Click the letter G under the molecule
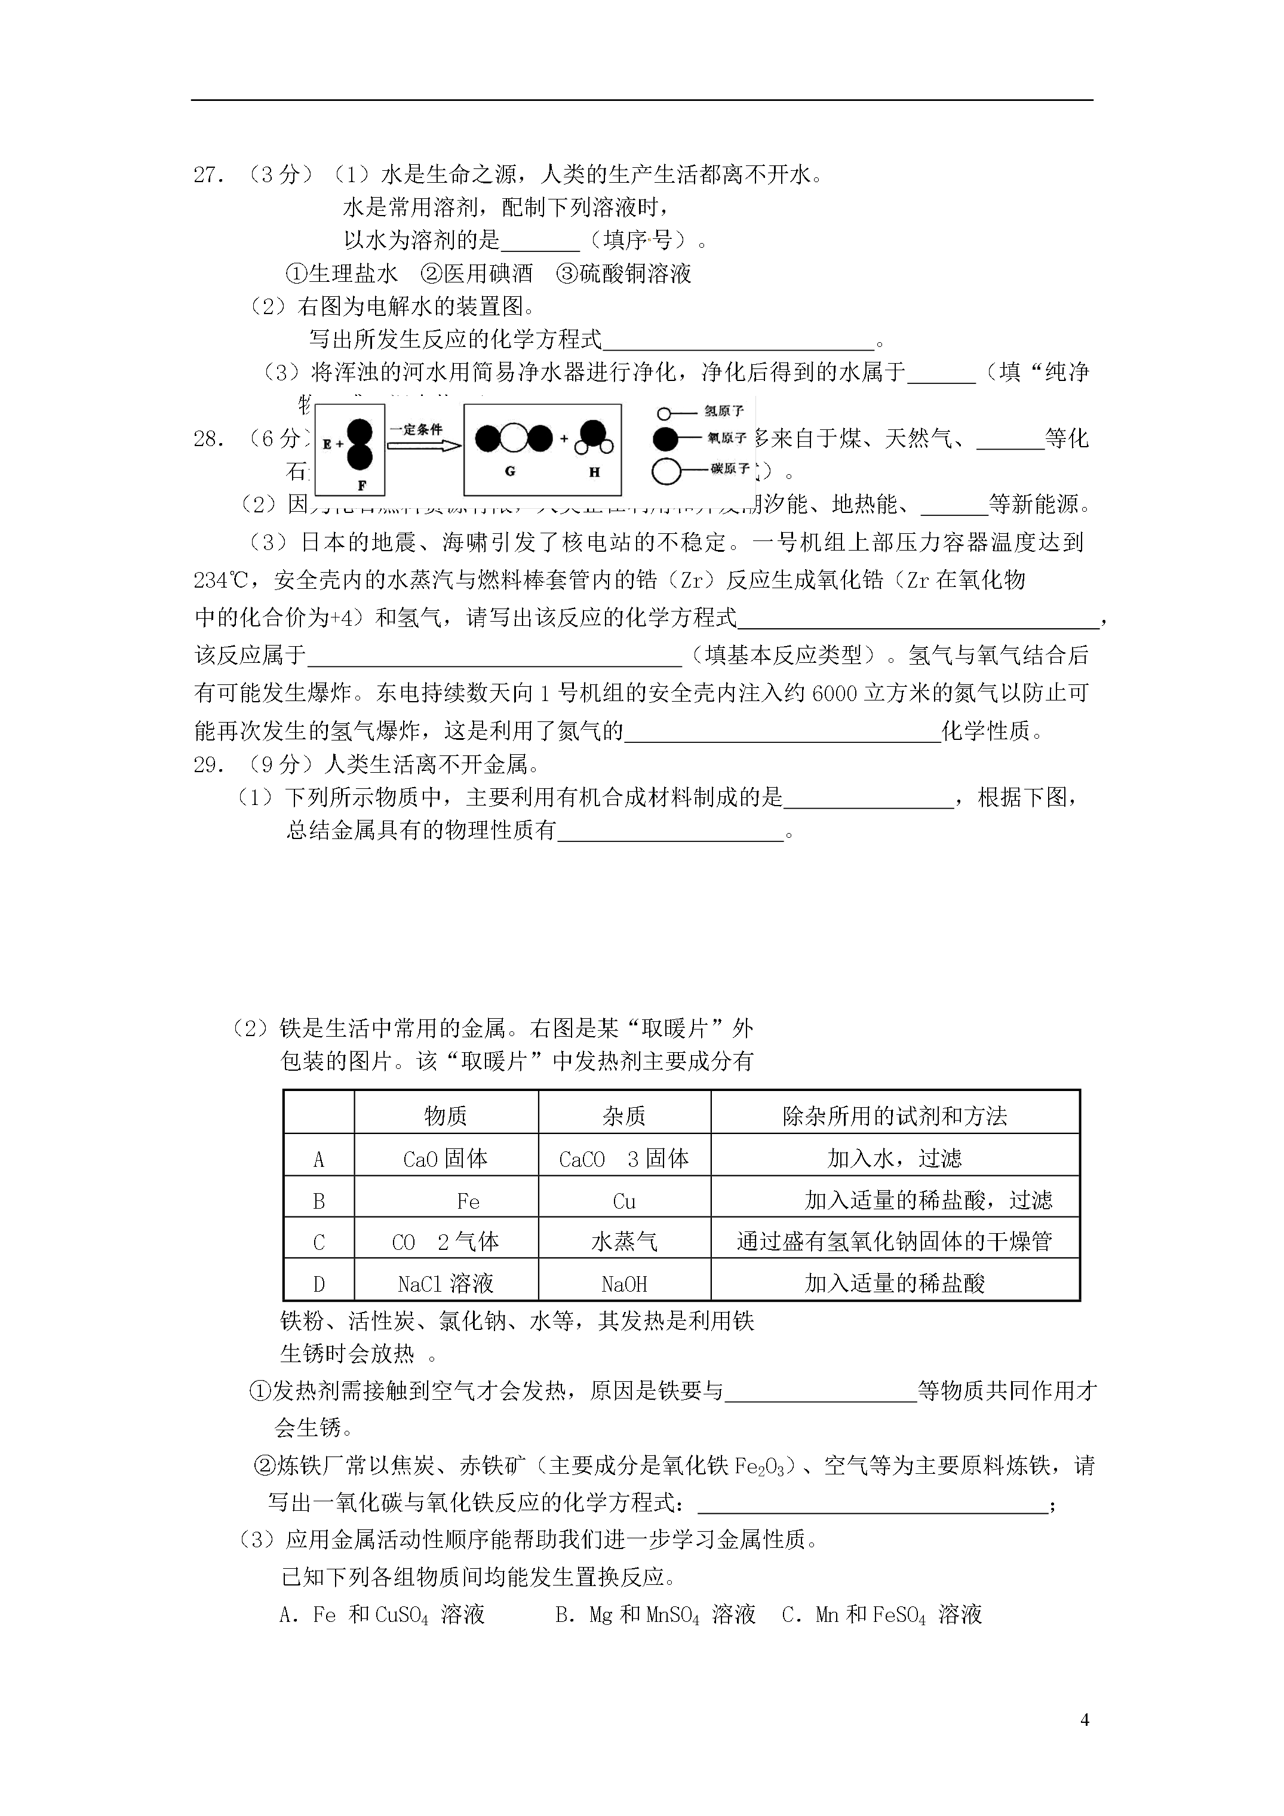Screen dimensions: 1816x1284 pos(510,471)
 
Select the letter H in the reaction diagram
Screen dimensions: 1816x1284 pos(594,472)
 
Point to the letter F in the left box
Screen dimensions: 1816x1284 pos(361,486)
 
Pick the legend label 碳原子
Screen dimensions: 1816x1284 pos(729,469)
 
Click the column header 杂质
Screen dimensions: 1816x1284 pos(624,1116)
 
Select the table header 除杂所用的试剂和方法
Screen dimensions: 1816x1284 pos(894,1116)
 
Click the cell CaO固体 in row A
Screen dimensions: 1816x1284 pos(446,1159)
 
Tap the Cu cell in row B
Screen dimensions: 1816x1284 pos(624,1202)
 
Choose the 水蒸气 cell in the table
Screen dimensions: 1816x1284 pos(624,1242)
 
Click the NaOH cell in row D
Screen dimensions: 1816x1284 pos(624,1284)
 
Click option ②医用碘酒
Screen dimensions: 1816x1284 pos(477,274)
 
